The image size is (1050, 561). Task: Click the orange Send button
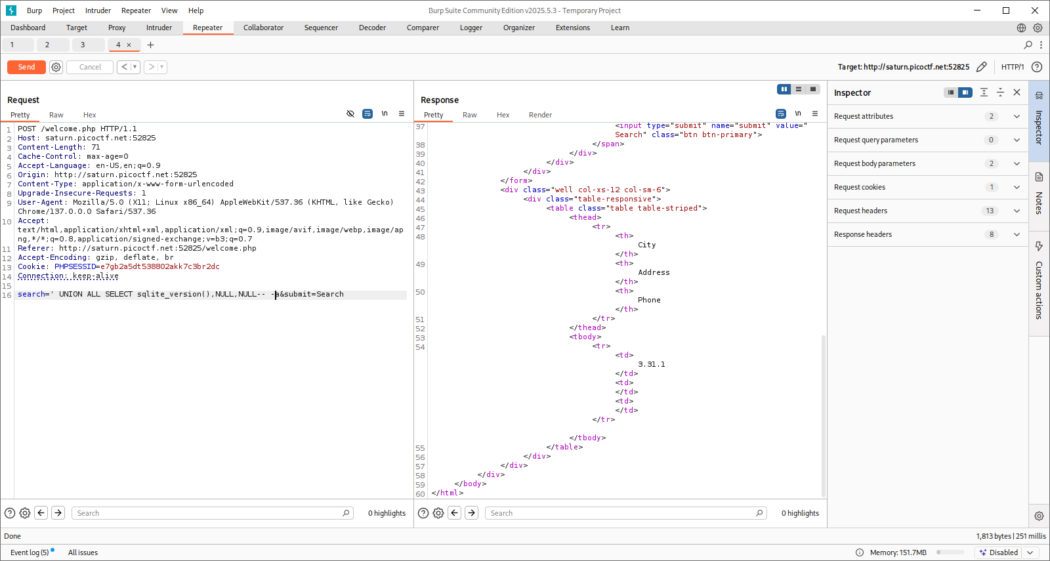(x=26, y=67)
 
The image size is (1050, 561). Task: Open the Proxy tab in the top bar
(x=117, y=28)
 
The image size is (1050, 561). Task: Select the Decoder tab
(x=372, y=28)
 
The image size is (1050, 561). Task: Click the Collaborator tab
(x=263, y=28)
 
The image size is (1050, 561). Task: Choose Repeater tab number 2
(x=47, y=45)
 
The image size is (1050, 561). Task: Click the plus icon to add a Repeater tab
(x=150, y=45)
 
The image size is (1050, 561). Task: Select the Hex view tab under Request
(x=90, y=115)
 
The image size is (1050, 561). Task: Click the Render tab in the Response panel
(x=540, y=115)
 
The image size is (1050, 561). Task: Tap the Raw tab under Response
(x=469, y=115)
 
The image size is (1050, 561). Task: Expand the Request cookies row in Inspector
(x=927, y=187)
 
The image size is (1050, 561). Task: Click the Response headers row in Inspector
(x=927, y=234)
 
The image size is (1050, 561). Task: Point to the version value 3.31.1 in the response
(x=651, y=364)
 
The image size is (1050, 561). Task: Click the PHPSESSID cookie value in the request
(x=159, y=266)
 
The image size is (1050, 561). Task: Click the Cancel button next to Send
(x=90, y=67)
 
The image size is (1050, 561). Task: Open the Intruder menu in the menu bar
(x=98, y=10)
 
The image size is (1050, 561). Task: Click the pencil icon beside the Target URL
(x=982, y=67)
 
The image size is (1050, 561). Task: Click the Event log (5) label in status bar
(x=30, y=552)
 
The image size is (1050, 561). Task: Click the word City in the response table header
(x=646, y=245)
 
